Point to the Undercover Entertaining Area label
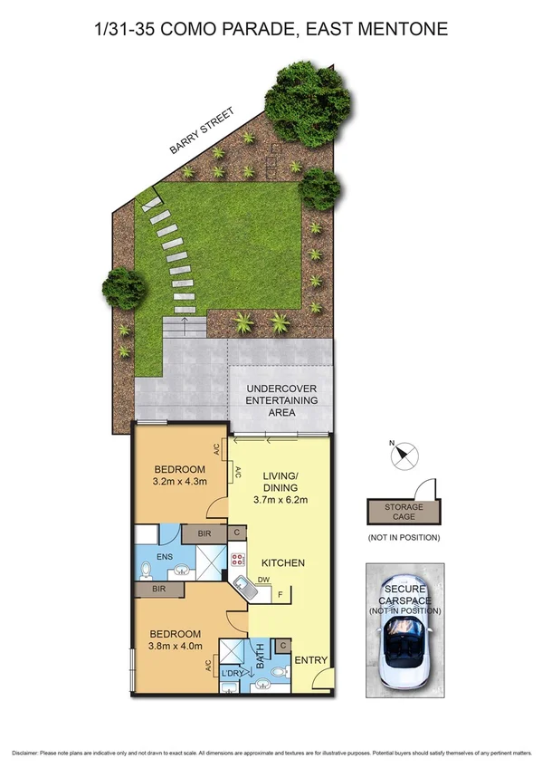point(282,399)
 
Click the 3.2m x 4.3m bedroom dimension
point(179,481)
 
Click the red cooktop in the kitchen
point(238,559)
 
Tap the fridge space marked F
point(280,596)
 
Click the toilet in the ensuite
point(147,569)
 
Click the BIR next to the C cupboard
point(204,533)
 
